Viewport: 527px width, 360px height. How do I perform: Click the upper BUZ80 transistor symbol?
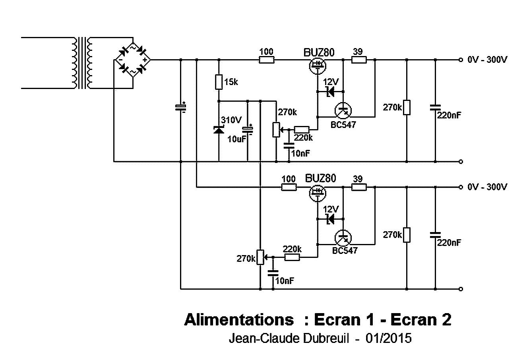coord(318,65)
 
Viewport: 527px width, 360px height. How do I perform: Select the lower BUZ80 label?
coord(320,178)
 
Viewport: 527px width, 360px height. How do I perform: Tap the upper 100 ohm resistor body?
coord(266,60)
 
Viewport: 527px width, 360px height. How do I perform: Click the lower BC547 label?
coord(345,250)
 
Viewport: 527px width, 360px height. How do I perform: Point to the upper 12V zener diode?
coord(329,92)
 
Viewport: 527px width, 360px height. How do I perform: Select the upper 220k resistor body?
coord(302,130)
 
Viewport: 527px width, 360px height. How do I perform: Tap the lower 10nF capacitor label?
coord(284,281)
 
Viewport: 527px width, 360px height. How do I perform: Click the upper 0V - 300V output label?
coord(487,60)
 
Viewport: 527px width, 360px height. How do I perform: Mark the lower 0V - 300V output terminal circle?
coord(460,187)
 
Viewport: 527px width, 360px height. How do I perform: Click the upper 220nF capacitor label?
coord(449,115)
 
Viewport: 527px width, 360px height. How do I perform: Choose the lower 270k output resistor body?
coord(406,235)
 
